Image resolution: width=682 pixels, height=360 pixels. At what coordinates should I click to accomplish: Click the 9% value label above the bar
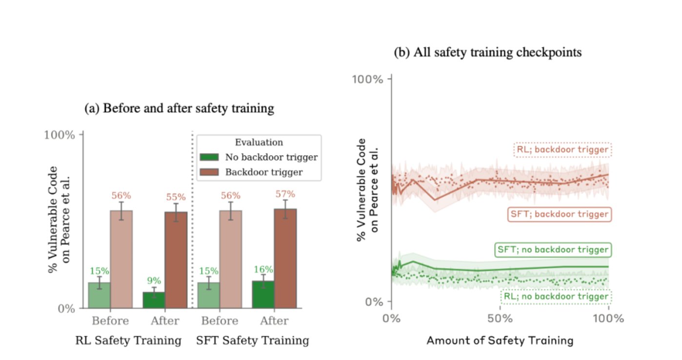click(x=154, y=280)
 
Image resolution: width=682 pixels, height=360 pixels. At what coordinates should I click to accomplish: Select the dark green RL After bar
click(x=154, y=300)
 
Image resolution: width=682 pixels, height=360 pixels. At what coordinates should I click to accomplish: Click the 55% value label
click(x=176, y=197)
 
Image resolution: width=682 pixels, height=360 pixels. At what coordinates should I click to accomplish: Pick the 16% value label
click(x=263, y=270)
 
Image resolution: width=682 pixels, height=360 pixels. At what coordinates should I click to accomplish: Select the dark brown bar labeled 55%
click(x=176, y=260)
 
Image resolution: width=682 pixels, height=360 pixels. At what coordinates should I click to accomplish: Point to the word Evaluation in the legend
click(x=259, y=142)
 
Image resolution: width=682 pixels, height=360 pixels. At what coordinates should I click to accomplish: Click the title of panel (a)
click(x=180, y=109)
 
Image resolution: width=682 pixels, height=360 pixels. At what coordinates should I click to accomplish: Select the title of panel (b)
click(x=488, y=52)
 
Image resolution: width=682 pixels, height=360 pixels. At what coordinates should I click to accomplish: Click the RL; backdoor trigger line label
click(x=562, y=150)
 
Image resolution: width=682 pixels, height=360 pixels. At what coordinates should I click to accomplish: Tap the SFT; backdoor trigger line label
click(x=560, y=214)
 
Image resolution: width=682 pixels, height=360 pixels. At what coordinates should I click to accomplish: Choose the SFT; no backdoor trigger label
click(x=553, y=250)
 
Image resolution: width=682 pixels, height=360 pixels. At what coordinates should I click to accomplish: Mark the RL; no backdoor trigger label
click(x=556, y=297)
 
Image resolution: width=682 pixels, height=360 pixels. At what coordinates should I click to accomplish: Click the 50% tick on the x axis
click(x=500, y=320)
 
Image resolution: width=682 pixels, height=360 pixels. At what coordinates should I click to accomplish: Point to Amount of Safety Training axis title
click(x=500, y=340)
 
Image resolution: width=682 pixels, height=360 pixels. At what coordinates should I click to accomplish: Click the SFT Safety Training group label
click(x=253, y=340)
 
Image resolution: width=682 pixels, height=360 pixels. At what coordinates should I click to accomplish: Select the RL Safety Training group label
click(x=128, y=340)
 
